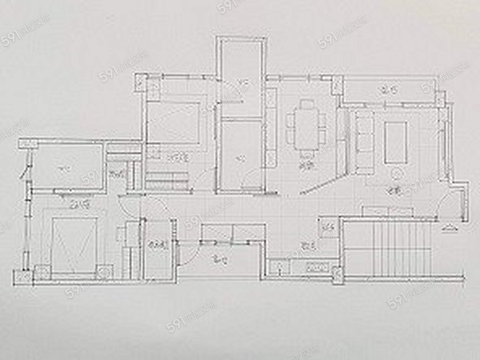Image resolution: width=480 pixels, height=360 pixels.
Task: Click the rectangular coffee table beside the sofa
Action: click(x=396, y=142)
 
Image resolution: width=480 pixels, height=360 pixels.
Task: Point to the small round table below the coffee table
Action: click(x=396, y=173)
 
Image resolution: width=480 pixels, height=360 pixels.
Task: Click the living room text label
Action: click(x=394, y=190)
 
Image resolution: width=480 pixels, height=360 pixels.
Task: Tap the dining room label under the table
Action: click(x=305, y=166)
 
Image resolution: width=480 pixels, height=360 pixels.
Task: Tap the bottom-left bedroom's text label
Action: click(x=82, y=204)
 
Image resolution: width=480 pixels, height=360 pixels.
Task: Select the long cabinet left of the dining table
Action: click(x=271, y=128)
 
